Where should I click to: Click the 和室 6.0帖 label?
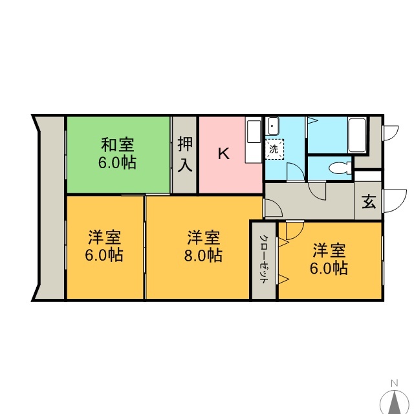click(118, 153)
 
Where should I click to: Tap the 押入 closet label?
click(185, 154)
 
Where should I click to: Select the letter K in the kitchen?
click(224, 153)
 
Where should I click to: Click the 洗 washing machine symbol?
click(274, 149)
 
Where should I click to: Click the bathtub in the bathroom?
click(357, 135)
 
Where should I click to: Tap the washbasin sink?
click(273, 125)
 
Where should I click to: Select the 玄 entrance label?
click(369, 202)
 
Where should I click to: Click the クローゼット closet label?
click(263, 259)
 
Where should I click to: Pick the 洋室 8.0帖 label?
click(203, 246)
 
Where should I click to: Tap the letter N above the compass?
click(395, 383)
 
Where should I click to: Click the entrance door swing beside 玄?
click(394, 201)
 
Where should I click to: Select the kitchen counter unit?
click(254, 140)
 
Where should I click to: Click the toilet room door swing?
click(317, 191)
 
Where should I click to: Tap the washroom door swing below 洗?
click(296, 171)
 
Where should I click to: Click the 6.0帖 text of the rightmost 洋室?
click(329, 268)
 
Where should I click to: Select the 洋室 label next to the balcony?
click(105, 237)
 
